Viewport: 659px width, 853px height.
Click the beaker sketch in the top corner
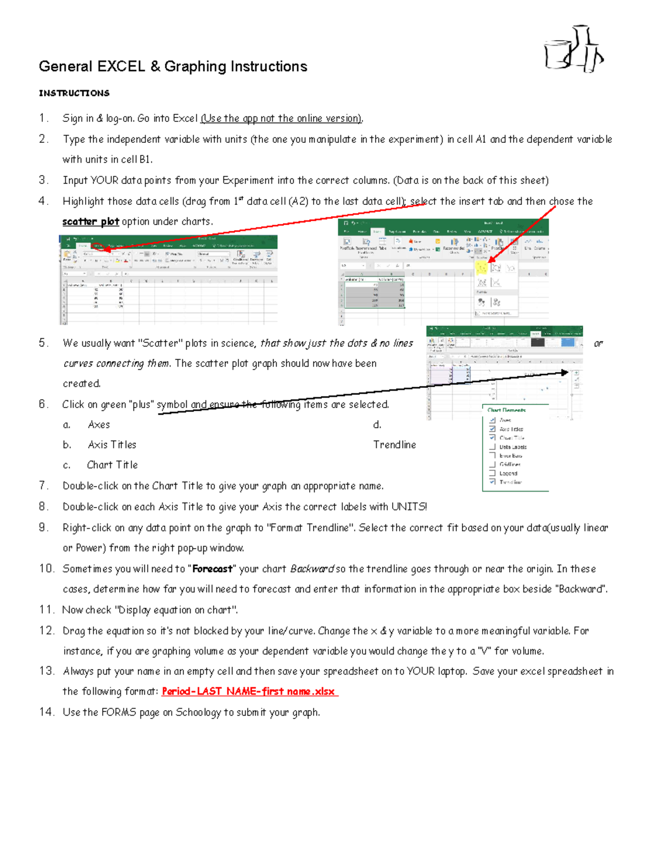[x=574, y=49]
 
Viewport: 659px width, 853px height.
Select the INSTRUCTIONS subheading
[x=74, y=93]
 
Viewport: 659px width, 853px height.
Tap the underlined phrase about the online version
[x=282, y=119]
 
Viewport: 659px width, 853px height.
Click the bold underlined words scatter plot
[x=91, y=222]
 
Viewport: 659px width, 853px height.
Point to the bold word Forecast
[x=212, y=569]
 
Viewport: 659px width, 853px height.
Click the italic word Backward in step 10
[x=312, y=569]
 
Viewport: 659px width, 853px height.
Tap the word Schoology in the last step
[x=198, y=712]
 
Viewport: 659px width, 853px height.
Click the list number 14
[x=46, y=712]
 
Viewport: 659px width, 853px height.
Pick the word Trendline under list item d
[x=394, y=445]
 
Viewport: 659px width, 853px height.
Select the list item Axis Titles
[x=112, y=445]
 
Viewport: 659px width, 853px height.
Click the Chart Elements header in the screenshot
[x=506, y=410]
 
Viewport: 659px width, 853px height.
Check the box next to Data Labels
[x=493, y=447]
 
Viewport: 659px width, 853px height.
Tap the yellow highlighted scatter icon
[x=482, y=268]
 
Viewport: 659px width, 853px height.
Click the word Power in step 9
[x=89, y=548]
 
